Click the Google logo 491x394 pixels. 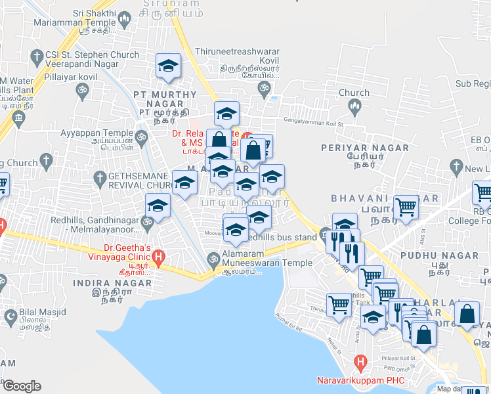coord(21,386)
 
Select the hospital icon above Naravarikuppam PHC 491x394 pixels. coord(360,362)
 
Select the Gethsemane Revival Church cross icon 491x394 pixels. coord(100,178)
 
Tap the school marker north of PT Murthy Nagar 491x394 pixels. coord(168,66)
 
